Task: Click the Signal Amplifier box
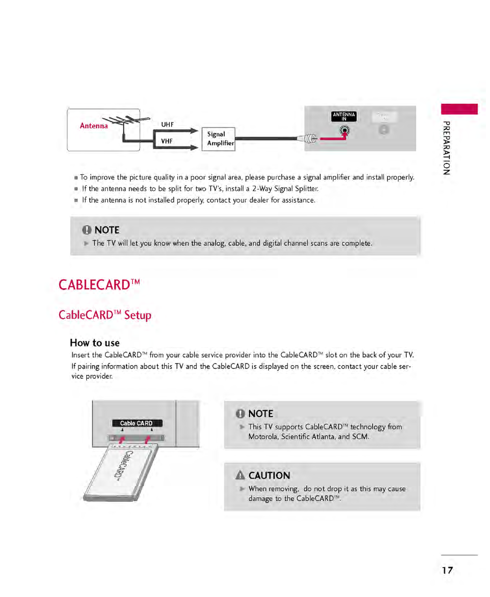[218, 139]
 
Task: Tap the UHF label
[167, 125]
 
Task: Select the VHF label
[167, 141]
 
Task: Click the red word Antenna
[94, 126]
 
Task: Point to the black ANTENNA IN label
[344, 117]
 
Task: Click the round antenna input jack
[344, 131]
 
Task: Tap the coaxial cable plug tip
[310, 139]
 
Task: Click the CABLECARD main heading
[99, 285]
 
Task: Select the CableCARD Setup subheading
[105, 315]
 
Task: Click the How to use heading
[94, 343]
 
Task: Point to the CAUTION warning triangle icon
[240, 475]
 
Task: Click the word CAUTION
[269, 475]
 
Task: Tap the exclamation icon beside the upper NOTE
[87, 230]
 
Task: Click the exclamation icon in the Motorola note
[240, 414]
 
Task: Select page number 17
[447, 570]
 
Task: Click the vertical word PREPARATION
[446, 148]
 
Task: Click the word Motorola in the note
[262, 437]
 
